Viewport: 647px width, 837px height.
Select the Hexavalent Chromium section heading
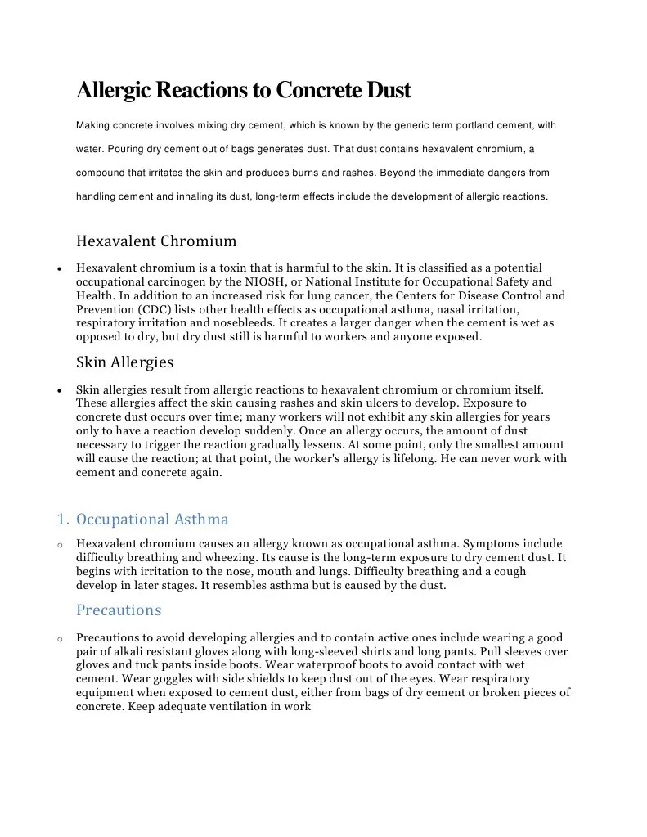coord(156,241)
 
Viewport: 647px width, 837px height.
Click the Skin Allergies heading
coord(124,362)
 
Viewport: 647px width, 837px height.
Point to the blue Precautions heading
coord(119,610)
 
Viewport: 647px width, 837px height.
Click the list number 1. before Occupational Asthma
coord(63,520)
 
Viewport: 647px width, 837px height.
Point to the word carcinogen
coord(171,281)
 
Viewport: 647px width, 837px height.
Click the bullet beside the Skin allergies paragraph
coord(61,390)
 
